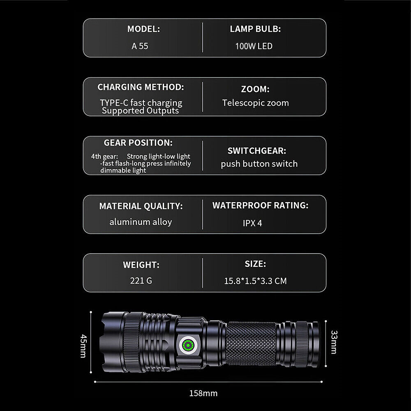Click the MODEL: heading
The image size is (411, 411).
[x=143, y=29]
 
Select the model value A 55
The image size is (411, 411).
[x=140, y=46]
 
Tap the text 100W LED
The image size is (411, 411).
[x=254, y=46]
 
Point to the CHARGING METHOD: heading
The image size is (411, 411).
[x=141, y=87]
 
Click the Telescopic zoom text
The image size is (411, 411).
[x=256, y=103]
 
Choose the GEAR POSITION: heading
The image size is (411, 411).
[x=138, y=143]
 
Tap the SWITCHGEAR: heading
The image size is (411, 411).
[x=257, y=151]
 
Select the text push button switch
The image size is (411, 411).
[x=259, y=164]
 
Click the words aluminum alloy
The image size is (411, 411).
[x=141, y=222]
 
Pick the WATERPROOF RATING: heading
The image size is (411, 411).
[x=260, y=205]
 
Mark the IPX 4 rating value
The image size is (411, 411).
[x=252, y=223]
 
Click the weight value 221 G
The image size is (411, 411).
[x=141, y=281]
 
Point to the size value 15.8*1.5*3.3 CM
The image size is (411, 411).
[x=255, y=281]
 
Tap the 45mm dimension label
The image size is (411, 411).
[x=83, y=346]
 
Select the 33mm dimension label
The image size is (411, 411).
[x=334, y=342]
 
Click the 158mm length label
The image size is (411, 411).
[x=203, y=393]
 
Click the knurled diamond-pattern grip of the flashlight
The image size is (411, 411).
[x=251, y=344]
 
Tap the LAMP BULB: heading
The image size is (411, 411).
[x=255, y=29]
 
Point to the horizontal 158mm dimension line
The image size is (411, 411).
[x=208, y=382]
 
